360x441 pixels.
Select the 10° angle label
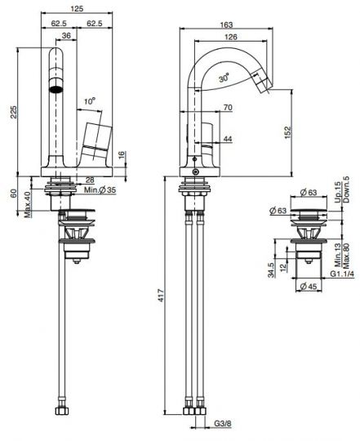pos(90,100)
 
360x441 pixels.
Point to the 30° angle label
pos(224,78)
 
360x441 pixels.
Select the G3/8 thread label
pos(222,425)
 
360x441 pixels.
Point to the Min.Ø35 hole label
pos(105,189)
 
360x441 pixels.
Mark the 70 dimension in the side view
pos(227,108)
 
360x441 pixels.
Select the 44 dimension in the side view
pos(226,140)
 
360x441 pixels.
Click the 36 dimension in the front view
pos(65,36)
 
